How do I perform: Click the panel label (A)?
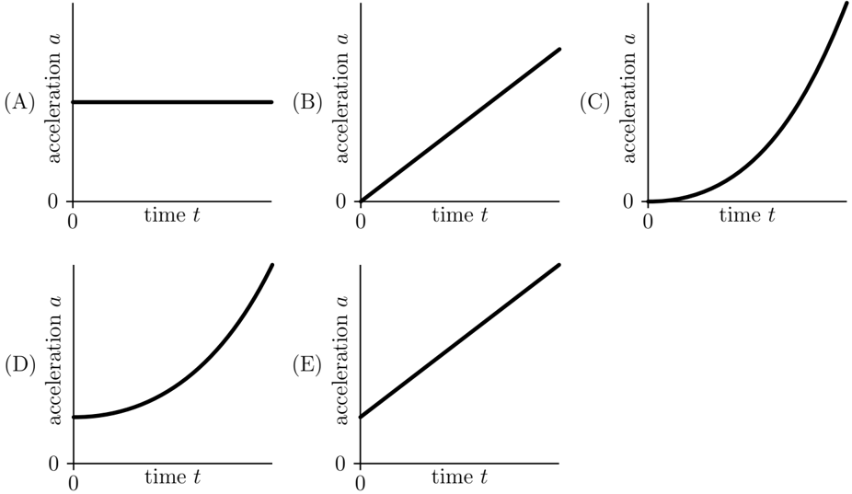pyautogui.click(x=19, y=102)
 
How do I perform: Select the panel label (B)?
pyautogui.click(x=307, y=102)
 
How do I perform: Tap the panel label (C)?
pyautogui.click(x=595, y=102)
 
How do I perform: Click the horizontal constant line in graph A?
pyautogui.click(x=172, y=102)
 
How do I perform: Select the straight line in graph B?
pyautogui.click(x=460, y=125)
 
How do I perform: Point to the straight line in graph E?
pyautogui.click(x=460, y=340)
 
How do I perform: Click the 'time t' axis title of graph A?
pyautogui.click(x=172, y=215)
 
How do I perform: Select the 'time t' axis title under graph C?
pyautogui.click(x=747, y=215)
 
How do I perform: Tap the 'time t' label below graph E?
pyautogui.click(x=460, y=477)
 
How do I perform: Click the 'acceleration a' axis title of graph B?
pyautogui.click(x=341, y=98)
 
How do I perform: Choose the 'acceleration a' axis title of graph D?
pyautogui.click(x=54, y=360)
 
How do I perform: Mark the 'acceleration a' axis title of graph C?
pyautogui.click(x=628, y=98)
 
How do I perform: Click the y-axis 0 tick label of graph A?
pyautogui.click(x=52, y=201)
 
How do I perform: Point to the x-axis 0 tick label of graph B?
pyautogui.click(x=360, y=222)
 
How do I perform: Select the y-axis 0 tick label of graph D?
pyautogui.click(x=52, y=465)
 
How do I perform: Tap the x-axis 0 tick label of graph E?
pyautogui.click(x=360, y=484)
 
